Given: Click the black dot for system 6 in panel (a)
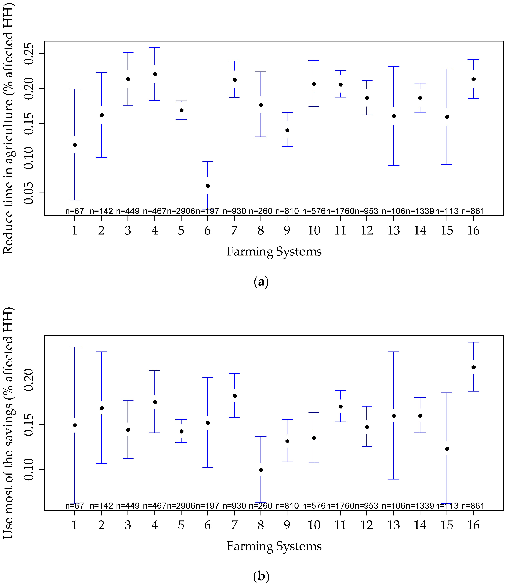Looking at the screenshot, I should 208,186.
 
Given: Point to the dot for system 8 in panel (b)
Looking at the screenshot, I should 261,470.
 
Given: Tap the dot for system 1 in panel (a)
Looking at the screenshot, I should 75,145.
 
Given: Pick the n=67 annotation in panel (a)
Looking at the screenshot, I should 74,211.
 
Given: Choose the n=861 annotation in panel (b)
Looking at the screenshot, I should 473,506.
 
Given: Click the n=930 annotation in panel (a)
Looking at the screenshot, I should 234,211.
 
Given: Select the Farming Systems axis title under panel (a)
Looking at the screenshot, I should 274,251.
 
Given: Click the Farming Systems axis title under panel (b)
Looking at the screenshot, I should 274,546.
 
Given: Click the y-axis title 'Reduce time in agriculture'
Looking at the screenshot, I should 9,127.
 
